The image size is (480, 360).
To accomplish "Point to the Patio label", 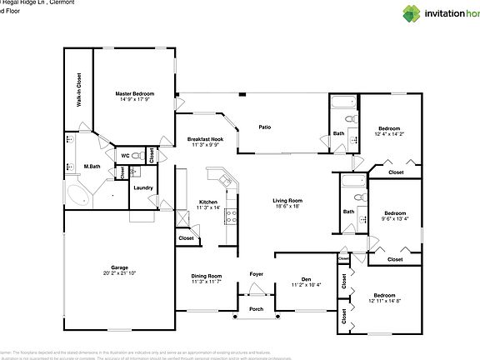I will (x=264, y=127).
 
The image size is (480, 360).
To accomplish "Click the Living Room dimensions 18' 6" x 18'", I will (x=287, y=206).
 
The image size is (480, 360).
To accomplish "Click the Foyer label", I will (x=256, y=274).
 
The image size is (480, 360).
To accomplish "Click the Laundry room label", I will (x=142, y=187).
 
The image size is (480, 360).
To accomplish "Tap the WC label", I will (x=125, y=155).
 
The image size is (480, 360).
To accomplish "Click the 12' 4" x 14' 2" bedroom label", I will (x=388, y=129).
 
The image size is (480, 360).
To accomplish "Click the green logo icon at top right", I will (x=412, y=12).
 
